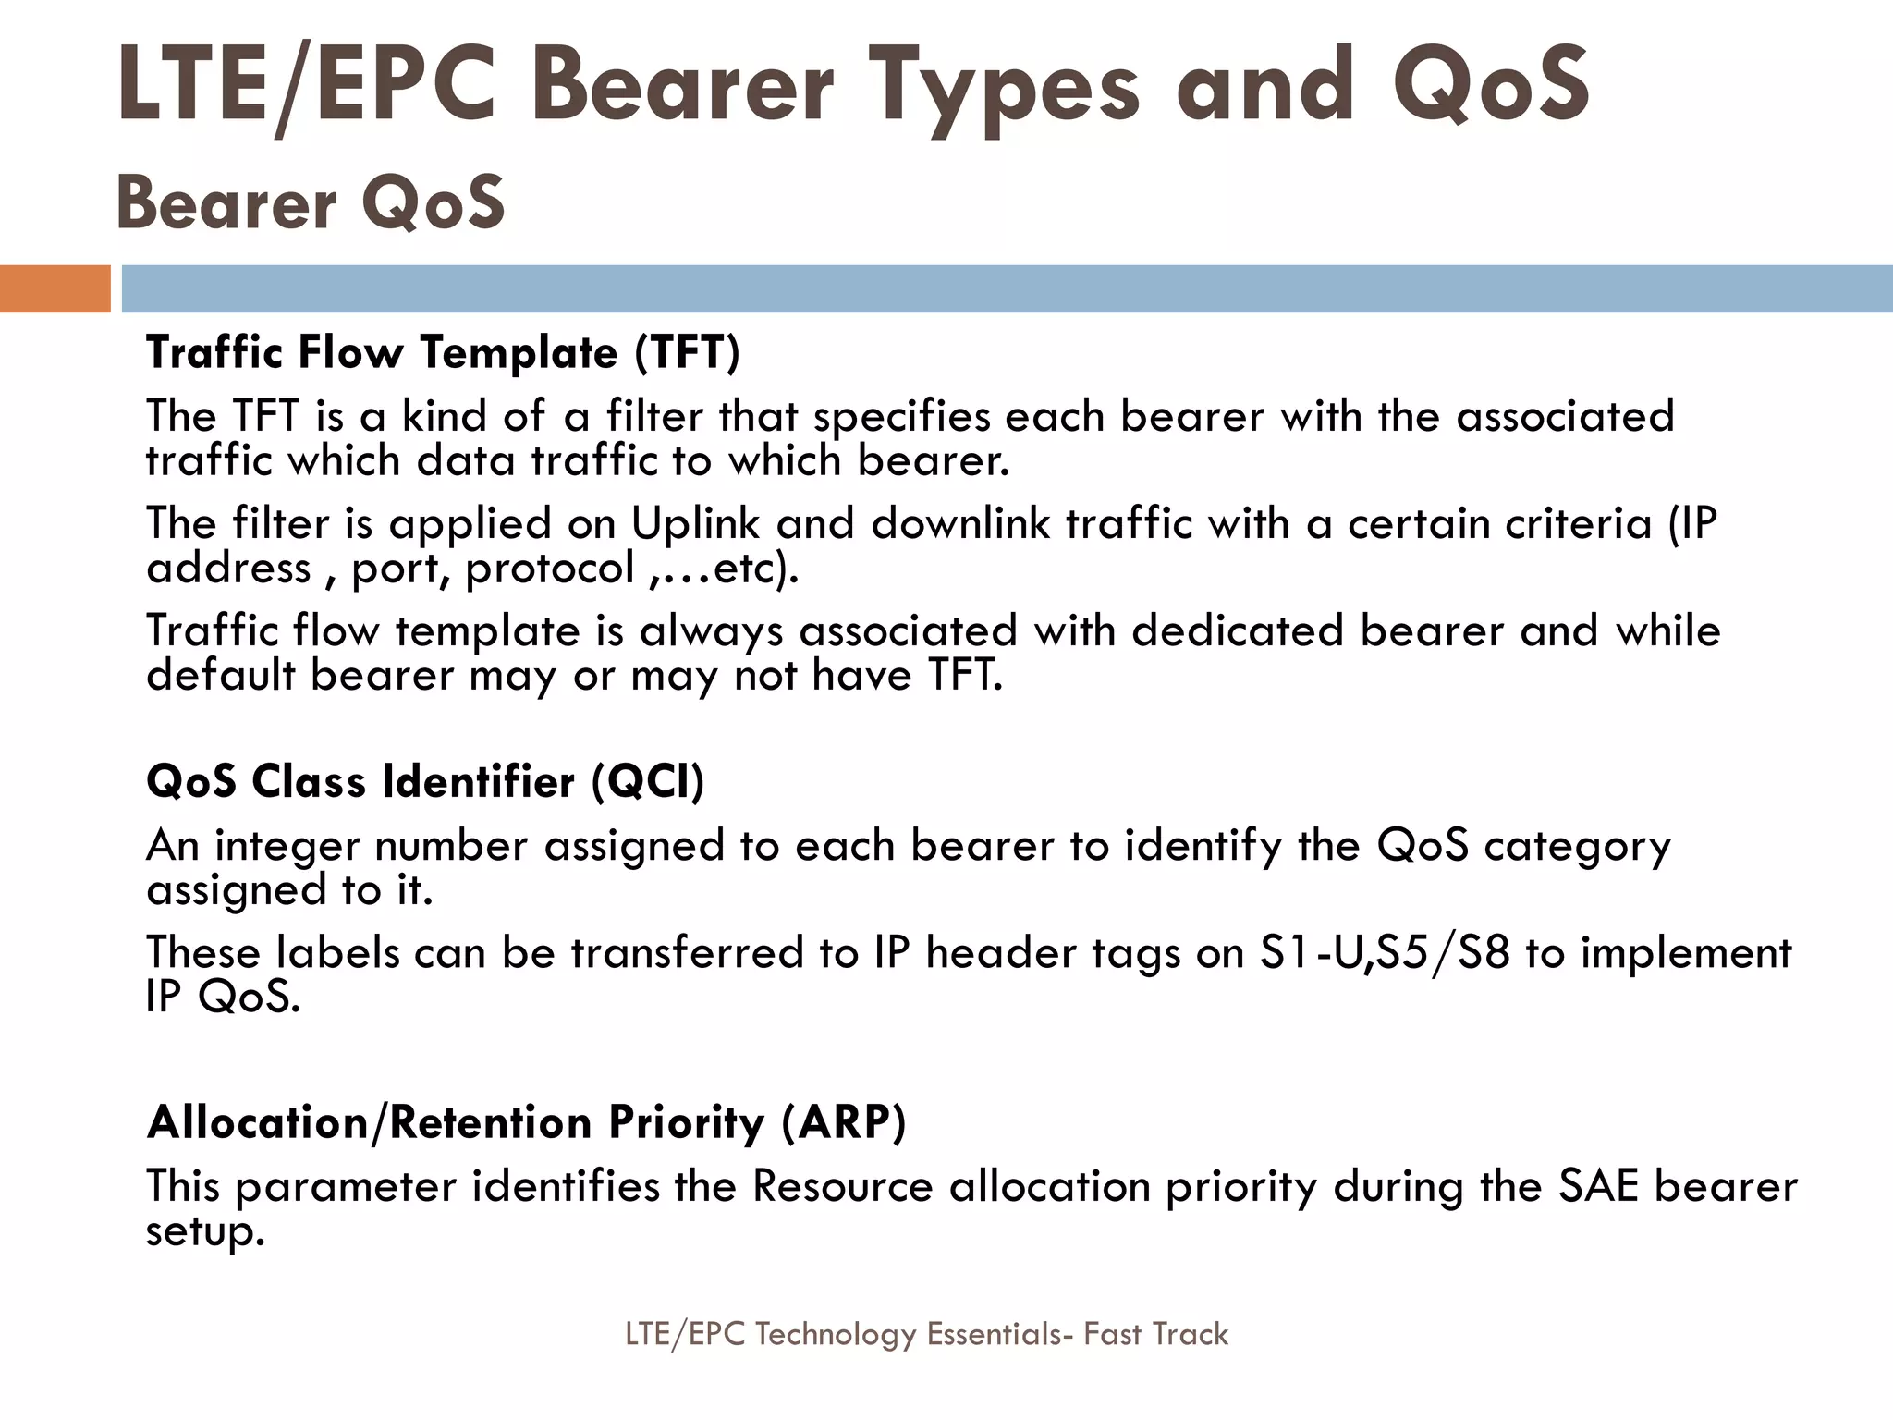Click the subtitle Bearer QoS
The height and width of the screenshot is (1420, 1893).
(x=311, y=203)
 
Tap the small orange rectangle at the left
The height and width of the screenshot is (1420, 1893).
(x=55, y=288)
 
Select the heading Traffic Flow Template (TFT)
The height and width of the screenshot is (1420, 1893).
(x=444, y=352)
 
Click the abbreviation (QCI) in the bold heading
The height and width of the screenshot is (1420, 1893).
(x=648, y=782)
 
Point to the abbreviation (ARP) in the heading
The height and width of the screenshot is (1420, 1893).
(x=843, y=1122)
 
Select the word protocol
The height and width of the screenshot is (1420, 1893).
(x=549, y=569)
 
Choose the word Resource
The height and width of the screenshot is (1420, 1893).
(x=842, y=1187)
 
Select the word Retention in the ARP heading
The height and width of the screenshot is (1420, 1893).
(x=490, y=1122)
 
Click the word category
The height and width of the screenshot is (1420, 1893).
(x=1577, y=847)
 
